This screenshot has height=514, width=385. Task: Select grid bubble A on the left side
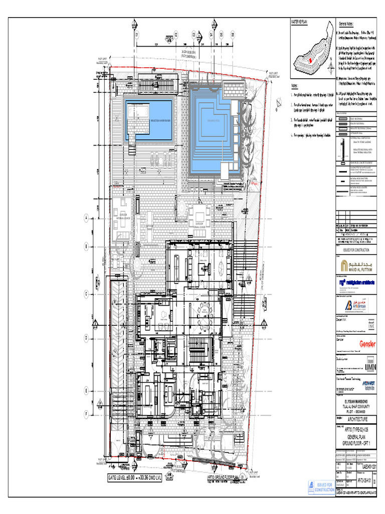click(x=86, y=219)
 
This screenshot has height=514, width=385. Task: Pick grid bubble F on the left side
click(x=86, y=414)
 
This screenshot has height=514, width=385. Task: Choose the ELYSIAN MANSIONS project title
click(x=358, y=402)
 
